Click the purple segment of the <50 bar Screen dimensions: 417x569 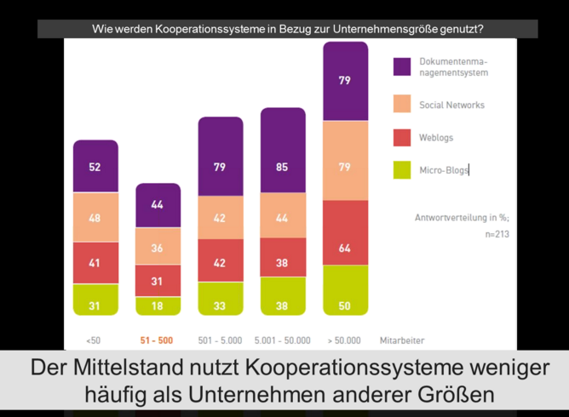point(95,167)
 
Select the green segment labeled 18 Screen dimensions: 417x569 point(158,306)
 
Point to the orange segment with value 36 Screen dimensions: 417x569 point(158,247)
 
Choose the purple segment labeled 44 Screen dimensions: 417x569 point(158,205)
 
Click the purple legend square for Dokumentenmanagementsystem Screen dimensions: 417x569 point(402,66)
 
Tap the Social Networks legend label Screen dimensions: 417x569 point(451,106)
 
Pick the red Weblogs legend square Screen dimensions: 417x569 point(402,138)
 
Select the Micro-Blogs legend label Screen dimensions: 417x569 point(444,170)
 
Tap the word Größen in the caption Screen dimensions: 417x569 point(457,396)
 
